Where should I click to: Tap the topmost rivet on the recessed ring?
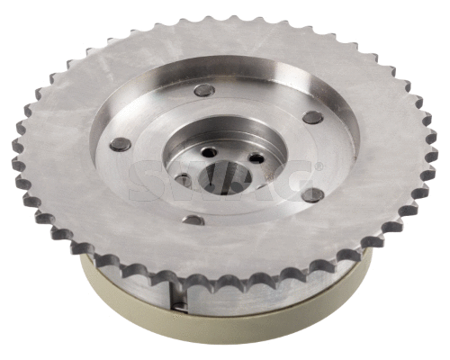(x=203, y=90)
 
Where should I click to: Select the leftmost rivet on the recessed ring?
(x=120, y=144)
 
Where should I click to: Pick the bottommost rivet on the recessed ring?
(x=193, y=220)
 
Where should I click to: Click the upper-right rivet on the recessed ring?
(x=312, y=117)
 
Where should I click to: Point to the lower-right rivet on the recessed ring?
(x=311, y=193)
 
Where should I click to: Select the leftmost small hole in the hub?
(x=183, y=179)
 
